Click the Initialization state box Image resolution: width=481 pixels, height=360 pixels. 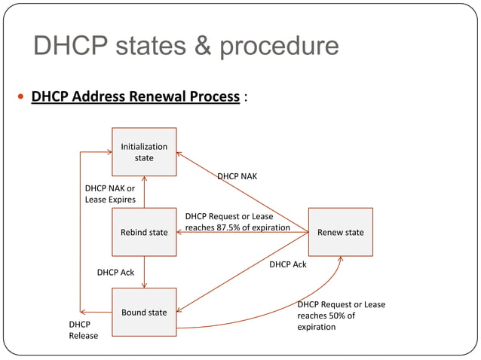click(x=144, y=152)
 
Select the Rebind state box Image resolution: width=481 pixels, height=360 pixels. click(x=144, y=233)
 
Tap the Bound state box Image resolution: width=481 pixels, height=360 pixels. click(x=144, y=313)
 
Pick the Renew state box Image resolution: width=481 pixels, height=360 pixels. click(x=340, y=233)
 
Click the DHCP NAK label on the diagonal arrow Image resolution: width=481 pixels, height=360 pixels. click(x=237, y=176)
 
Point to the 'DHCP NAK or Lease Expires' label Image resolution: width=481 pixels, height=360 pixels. click(x=110, y=194)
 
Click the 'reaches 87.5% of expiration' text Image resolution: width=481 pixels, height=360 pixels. click(x=237, y=227)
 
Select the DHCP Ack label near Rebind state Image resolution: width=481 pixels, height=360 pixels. click(x=115, y=272)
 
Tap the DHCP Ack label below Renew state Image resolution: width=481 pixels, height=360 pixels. click(x=288, y=264)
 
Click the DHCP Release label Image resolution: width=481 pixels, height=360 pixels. click(x=84, y=329)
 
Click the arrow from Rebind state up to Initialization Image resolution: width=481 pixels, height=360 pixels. click(x=144, y=192)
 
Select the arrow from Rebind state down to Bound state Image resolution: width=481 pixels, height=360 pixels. click(x=144, y=272)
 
